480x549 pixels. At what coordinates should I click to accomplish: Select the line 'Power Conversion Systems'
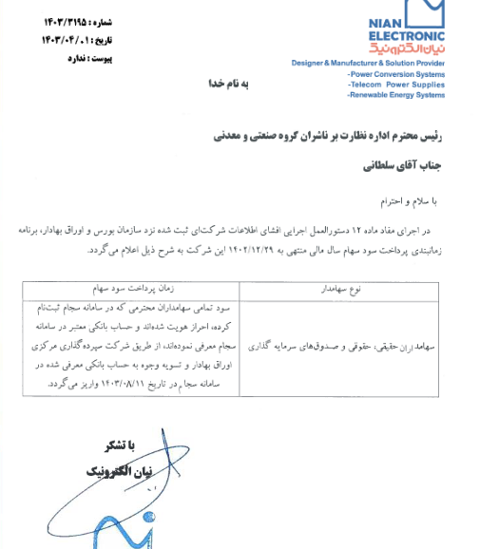(x=396, y=74)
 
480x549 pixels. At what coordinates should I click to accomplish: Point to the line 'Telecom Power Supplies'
(x=396, y=85)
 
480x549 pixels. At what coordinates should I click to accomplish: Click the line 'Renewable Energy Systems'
(x=396, y=95)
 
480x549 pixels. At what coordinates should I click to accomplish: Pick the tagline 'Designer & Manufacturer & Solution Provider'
(x=368, y=63)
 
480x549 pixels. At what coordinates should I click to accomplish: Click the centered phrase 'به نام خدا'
(x=228, y=85)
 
